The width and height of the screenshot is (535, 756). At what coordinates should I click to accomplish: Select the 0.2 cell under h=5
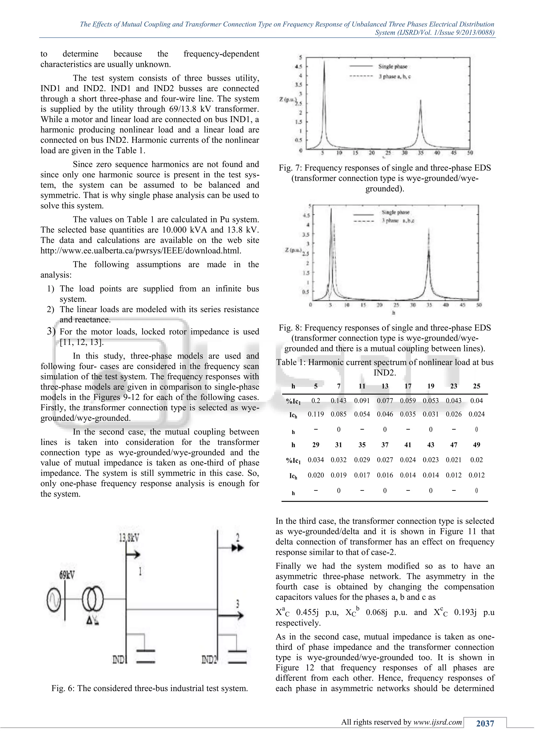pyautogui.click(x=316, y=401)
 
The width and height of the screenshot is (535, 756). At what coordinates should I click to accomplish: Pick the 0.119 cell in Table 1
pyautogui.click(x=316, y=414)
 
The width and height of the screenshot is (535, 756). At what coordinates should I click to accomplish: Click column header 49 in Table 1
pyautogui.click(x=476, y=445)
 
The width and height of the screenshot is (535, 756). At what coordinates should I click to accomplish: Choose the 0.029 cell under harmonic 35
pyautogui.click(x=362, y=460)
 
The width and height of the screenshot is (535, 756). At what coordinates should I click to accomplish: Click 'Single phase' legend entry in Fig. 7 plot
pyautogui.click(x=393, y=67)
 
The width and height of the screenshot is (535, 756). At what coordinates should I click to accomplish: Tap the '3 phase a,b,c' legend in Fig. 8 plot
pyautogui.click(x=398, y=221)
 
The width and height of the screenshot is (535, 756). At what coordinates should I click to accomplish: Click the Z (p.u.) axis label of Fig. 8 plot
pyautogui.click(x=293, y=251)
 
